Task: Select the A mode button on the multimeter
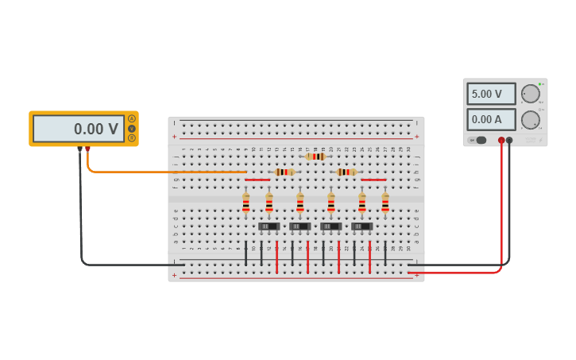pyautogui.click(x=132, y=119)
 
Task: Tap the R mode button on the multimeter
pyautogui.click(x=132, y=137)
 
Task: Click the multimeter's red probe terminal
pyautogui.click(x=87, y=149)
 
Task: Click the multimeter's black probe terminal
pyautogui.click(x=79, y=149)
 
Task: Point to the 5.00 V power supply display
pyautogui.click(x=491, y=94)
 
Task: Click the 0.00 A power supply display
pyautogui.click(x=491, y=120)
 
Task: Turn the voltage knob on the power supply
pyautogui.click(x=530, y=94)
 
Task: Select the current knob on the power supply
pyautogui.click(x=530, y=120)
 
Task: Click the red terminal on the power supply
pyautogui.click(x=501, y=141)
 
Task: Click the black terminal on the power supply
pyautogui.click(x=509, y=141)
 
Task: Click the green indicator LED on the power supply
pyautogui.click(x=540, y=83)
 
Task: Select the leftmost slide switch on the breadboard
pyautogui.click(x=269, y=226)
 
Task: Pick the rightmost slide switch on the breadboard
pyautogui.click(x=361, y=226)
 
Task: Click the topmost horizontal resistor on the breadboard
pyautogui.click(x=315, y=157)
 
